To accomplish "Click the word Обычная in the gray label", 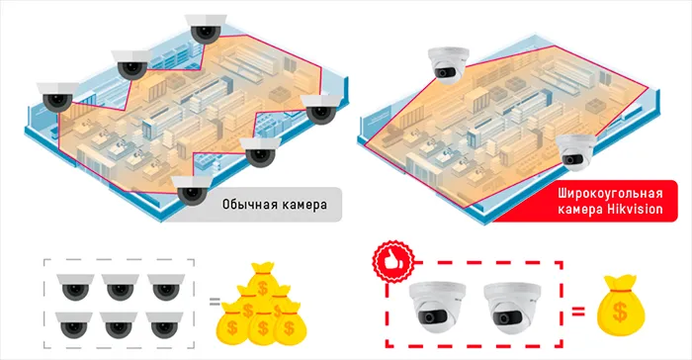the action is click(x=246, y=205).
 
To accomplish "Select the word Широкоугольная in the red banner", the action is click(x=610, y=194).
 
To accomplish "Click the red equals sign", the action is click(x=578, y=312).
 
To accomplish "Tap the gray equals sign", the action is click(x=215, y=302).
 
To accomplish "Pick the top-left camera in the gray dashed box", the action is click(x=75, y=287).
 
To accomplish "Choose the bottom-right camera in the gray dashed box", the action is click(x=164, y=325).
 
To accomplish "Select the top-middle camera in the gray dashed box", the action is click(x=120, y=287).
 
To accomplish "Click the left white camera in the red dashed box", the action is click(x=436, y=308).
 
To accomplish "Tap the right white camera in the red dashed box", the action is click(x=512, y=308).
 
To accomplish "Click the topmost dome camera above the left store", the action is click(x=206, y=29).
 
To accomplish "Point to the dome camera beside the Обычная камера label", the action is click(x=192, y=191).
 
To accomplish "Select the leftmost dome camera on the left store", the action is click(x=57, y=97).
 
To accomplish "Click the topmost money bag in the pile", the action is click(x=263, y=280).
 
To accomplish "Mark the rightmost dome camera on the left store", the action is click(x=321, y=109).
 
